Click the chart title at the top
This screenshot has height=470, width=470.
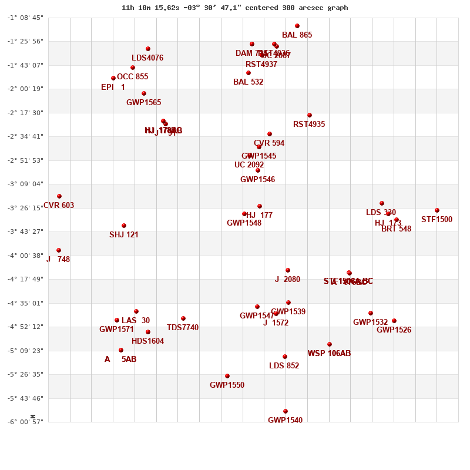click(234, 8)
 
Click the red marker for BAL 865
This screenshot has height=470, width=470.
click(297, 26)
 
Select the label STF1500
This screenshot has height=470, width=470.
click(437, 220)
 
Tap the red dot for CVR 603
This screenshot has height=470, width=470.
click(59, 196)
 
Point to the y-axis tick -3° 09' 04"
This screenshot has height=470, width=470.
click(25, 184)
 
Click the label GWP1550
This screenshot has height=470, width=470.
click(227, 385)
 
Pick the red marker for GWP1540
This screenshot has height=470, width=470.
click(286, 411)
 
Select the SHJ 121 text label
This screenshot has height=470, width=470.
click(124, 235)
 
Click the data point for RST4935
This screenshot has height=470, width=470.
click(310, 115)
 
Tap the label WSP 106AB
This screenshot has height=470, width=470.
click(329, 354)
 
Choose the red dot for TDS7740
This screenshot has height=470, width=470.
click(183, 318)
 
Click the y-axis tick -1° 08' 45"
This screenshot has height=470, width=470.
click(25, 18)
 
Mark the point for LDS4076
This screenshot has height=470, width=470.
click(148, 49)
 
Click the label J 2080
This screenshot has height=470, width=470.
click(287, 280)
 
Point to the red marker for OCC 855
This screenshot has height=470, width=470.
click(113, 78)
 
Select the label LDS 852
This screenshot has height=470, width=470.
click(284, 366)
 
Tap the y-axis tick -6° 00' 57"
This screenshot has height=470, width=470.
click(25, 422)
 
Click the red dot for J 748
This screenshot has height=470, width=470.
click(59, 250)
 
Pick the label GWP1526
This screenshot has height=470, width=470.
click(394, 330)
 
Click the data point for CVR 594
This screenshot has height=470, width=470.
click(270, 134)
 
